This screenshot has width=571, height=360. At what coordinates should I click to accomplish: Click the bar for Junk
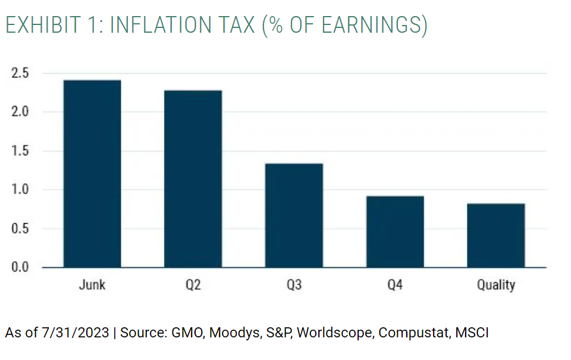92,174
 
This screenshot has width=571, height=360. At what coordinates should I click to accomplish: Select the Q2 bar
193,179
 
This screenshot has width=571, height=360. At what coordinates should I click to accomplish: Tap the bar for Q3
294,215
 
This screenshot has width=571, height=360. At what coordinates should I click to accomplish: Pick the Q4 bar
395,231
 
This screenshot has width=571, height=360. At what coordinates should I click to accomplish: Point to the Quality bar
495,236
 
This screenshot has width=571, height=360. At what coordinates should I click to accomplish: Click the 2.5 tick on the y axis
20,73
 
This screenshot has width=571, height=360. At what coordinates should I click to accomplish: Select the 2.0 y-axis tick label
20,112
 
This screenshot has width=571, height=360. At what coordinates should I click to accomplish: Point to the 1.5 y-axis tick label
20,151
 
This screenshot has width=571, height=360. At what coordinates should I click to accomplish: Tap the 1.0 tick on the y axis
20,190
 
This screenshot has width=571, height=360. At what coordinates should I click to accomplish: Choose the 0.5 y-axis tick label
20,228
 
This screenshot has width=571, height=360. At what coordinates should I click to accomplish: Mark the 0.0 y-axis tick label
20,267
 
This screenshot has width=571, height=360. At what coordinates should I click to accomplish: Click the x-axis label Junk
92,285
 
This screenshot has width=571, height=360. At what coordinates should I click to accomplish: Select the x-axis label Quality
495,285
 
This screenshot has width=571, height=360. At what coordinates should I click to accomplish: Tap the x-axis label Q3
294,285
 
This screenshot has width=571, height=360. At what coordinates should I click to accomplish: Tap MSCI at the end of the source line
472,333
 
